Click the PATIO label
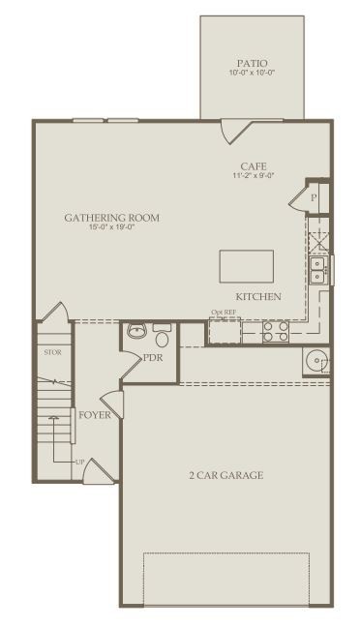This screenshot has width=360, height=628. point(252,63)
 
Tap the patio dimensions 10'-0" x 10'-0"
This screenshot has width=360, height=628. point(252,73)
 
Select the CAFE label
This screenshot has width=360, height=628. point(254,165)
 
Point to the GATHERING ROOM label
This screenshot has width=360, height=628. point(111,218)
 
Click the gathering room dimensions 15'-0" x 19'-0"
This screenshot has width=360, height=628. point(111,227)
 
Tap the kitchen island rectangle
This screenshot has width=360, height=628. point(247,266)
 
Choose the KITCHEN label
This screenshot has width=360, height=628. point(258,297)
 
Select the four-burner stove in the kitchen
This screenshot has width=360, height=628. point(276,332)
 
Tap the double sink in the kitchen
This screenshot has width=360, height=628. point(317,270)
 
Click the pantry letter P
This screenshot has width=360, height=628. point(314,197)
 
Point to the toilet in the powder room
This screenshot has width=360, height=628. point(162,336)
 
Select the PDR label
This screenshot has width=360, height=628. point(153,358)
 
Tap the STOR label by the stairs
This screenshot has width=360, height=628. point(53,353)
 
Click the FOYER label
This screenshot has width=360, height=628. point(95,415)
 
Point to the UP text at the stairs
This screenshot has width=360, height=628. point(79,462)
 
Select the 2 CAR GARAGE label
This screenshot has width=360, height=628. point(226,475)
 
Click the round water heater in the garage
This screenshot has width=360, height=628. point(315,362)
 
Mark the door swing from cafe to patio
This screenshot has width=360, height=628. point(236,133)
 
